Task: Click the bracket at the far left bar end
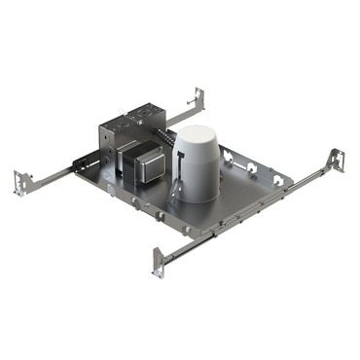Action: tap(20, 182)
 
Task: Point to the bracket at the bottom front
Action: tap(159, 262)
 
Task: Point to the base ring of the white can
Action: tap(198, 194)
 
